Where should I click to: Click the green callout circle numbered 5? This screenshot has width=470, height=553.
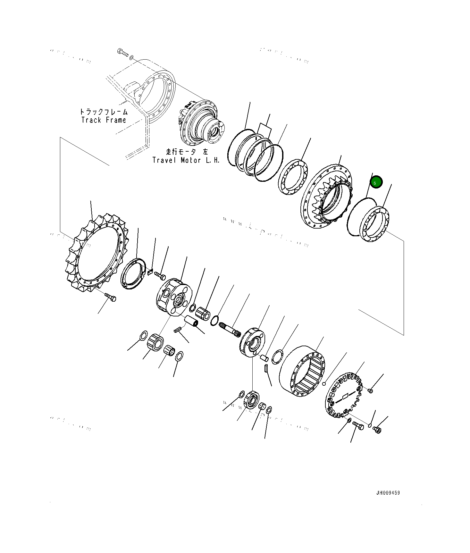coord(376,182)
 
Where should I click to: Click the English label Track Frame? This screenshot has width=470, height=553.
coord(104,120)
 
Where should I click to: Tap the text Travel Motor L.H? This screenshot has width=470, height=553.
coord(186,160)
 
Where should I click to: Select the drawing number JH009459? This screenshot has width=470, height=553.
coord(388,493)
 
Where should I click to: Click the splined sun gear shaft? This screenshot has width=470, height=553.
coord(230,330)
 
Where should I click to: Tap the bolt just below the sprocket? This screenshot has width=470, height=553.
coord(111,297)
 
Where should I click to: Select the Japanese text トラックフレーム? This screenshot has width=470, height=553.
coord(104,112)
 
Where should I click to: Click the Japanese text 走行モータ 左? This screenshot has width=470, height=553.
coord(187,152)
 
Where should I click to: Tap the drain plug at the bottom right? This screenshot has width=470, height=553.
coord(377,429)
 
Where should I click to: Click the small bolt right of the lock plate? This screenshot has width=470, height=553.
coord(160,275)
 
